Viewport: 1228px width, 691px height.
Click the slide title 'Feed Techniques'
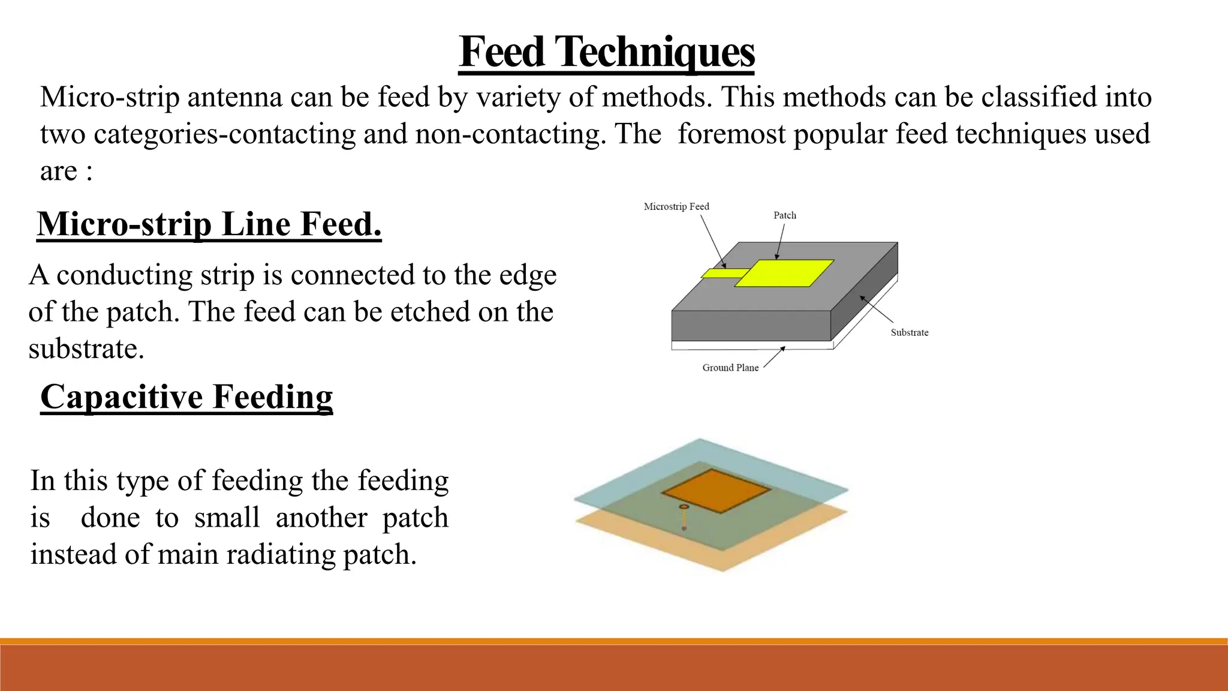606,52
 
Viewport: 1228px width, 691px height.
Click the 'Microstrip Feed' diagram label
676,206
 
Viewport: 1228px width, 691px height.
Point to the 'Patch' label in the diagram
785,215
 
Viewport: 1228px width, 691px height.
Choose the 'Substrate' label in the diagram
910,332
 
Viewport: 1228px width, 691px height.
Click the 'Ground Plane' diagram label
730,368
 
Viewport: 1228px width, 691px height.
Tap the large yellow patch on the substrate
784,273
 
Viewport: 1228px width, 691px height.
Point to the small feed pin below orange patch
684,518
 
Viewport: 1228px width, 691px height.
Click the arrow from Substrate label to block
876,310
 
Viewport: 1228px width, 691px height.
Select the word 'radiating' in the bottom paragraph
281,554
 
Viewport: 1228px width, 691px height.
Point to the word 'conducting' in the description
125,275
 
